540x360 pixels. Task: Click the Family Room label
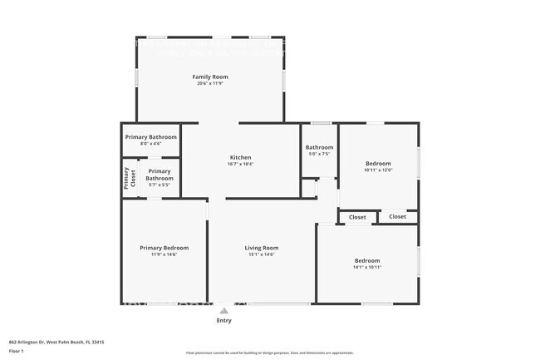tap(210, 76)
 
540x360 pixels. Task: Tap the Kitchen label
tap(240, 157)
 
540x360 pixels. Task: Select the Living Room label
tap(261, 248)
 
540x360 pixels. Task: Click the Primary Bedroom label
tap(164, 248)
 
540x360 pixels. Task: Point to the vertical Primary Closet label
tap(128, 179)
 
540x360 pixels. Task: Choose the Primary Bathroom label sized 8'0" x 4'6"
tap(150, 136)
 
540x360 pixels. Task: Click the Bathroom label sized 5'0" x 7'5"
tap(319, 147)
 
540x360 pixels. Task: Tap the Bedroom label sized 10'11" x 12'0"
tap(378, 164)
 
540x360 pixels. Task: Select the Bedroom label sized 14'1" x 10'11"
tap(367, 261)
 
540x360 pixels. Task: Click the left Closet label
tap(357, 217)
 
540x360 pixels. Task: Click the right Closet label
tap(398, 217)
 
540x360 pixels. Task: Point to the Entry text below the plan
tap(223, 320)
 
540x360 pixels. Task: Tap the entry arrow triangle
tap(223, 310)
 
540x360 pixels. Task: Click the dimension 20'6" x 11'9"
tap(210, 83)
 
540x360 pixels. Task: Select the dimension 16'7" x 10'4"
tap(240, 164)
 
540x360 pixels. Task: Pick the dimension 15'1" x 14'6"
tap(261, 254)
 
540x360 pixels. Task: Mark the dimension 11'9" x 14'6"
tap(164, 254)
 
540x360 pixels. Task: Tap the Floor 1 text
tap(17, 352)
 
